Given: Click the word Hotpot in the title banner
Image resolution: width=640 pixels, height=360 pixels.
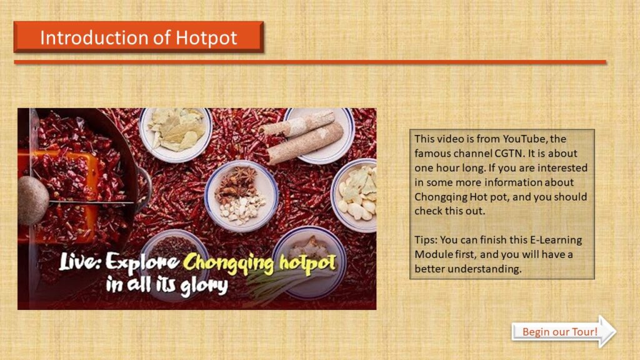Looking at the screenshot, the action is pyautogui.click(x=206, y=38).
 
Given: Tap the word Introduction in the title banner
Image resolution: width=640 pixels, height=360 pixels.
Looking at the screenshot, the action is pyautogui.click(x=95, y=37).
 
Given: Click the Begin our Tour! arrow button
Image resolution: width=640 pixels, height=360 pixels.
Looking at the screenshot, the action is pyautogui.click(x=564, y=331).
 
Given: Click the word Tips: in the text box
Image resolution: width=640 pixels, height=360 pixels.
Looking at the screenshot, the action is pyautogui.click(x=426, y=240).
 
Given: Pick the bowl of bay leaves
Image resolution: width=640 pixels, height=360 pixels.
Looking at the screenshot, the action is pyautogui.click(x=176, y=133).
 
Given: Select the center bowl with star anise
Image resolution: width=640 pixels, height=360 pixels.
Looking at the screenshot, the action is pyautogui.click(x=241, y=196).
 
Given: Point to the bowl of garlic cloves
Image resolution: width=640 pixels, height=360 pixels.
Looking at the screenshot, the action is pyautogui.click(x=354, y=195).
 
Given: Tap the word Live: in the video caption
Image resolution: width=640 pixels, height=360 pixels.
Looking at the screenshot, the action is pyautogui.click(x=80, y=261).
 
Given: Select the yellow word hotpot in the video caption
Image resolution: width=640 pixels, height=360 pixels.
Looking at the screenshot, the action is pyautogui.click(x=307, y=263).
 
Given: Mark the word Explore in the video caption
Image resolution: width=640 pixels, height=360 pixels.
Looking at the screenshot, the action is pyautogui.click(x=142, y=262).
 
